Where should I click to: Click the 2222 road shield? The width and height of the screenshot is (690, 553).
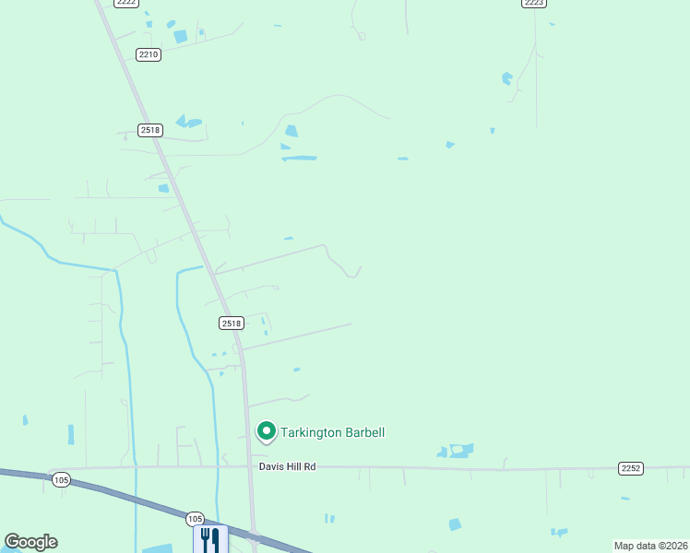click(127, 3)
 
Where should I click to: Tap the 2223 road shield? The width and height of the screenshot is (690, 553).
click(533, 3)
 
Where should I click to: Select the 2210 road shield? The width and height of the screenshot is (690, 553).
click(149, 54)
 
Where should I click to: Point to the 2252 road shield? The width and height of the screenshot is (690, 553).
click(631, 468)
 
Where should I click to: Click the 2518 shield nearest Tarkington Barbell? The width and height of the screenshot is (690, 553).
click(232, 323)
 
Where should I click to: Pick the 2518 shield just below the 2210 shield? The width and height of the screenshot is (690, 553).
click(151, 130)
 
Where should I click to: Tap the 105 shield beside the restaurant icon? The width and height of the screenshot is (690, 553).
click(195, 519)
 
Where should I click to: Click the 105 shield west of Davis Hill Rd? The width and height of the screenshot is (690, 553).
click(61, 479)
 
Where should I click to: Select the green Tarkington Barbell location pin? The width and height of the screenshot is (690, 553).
click(267, 431)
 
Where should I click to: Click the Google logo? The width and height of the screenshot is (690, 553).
click(30, 542)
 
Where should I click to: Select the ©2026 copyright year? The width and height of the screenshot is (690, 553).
click(672, 546)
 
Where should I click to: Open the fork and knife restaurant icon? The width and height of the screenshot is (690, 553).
click(209, 538)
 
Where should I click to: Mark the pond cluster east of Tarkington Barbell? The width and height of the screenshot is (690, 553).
click(457, 451)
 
